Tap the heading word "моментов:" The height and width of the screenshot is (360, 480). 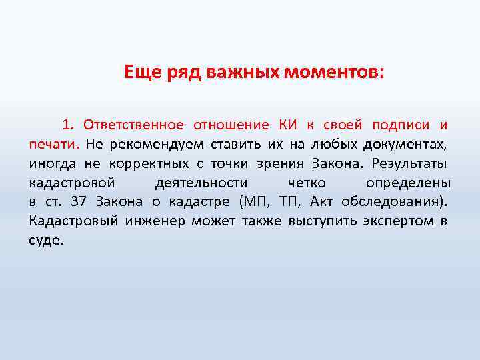pyautogui.click(x=335, y=72)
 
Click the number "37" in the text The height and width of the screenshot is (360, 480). pyautogui.click(x=79, y=202)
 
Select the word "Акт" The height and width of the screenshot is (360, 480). pyautogui.click(x=323, y=202)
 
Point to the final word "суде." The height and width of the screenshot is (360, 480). pyautogui.click(x=47, y=241)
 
